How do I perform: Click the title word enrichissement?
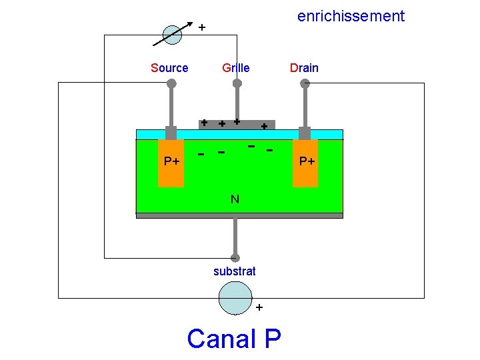pos(351,16)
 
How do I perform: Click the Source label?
pos(169,68)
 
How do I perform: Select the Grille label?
pos(236,68)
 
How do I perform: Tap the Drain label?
pos(303,68)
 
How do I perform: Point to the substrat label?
pos(234,271)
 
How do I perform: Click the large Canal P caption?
pos(234,339)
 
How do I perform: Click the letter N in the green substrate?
pos(235,199)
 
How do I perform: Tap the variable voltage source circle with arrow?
pos(173,35)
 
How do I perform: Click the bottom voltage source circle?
pos(235,297)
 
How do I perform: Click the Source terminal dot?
pos(171,83)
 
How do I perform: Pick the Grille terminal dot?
pos(237,83)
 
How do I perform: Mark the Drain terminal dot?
pos(305,83)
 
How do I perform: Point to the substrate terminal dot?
pos(235,258)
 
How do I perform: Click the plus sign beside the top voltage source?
pos(201,27)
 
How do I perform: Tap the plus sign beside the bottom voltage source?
pos(259,307)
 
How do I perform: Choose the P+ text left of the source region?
pos(172,161)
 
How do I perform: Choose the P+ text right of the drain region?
pos(307,161)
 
